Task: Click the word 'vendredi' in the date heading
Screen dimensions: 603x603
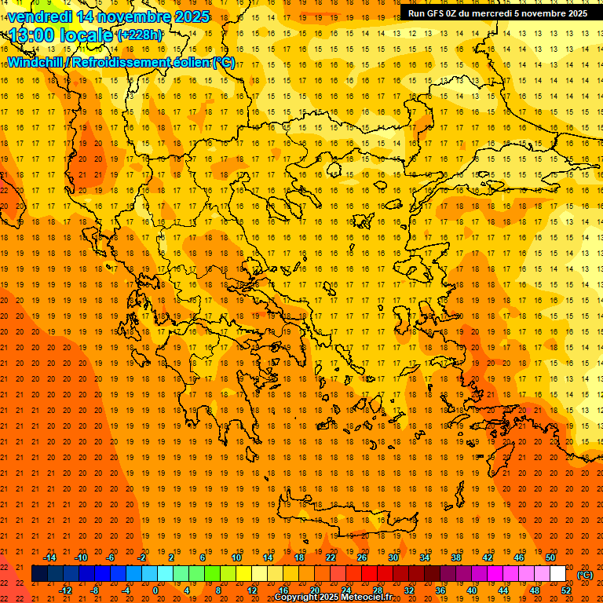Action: pyautogui.click(x=39, y=16)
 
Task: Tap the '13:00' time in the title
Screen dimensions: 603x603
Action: pyautogui.click(x=32, y=35)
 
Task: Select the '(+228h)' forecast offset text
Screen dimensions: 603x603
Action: pyautogui.click(x=140, y=35)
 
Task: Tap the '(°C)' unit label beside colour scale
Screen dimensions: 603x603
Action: pyautogui.click(x=585, y=575)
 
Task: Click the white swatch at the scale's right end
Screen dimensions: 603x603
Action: pyautogui.click(x=558, y=574)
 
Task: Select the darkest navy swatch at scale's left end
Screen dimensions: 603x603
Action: pyautogui.click(x=39, y=574)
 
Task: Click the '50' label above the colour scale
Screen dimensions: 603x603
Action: pyautogui.click(x=550, y=557)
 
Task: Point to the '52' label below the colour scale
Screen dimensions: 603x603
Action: pyautogui.click(x=566, y=590)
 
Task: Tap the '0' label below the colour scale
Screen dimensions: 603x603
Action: pyautogui.click(x=155, y=590)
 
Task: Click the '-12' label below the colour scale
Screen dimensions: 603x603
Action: pyautogui.click(x=65, y=590)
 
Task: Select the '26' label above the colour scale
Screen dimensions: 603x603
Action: pyautogui.click(x=362, y=557)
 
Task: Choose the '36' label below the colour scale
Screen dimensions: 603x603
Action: pyautogui.click(x=440, y=590)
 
